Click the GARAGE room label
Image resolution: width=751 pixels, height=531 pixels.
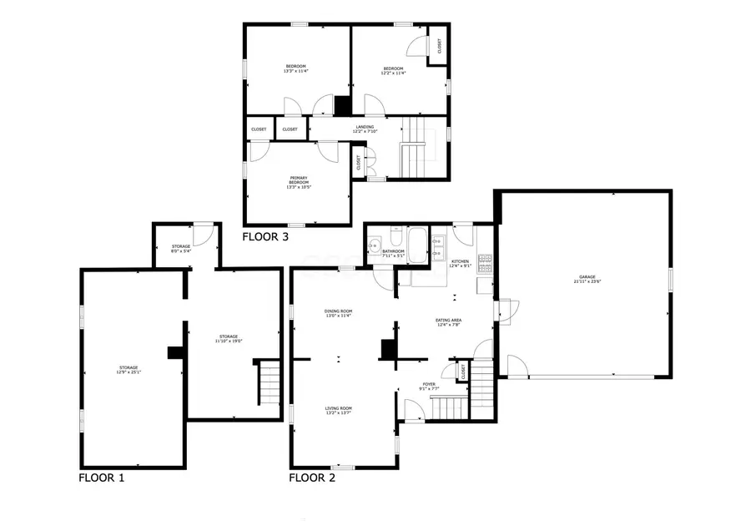point(588,276)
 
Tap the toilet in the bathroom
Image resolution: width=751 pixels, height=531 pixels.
point(396,239)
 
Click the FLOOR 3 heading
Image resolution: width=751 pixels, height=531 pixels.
point(265,237)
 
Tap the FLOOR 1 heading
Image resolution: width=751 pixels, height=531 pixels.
point(102,478)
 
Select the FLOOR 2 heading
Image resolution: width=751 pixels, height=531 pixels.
point(312,478)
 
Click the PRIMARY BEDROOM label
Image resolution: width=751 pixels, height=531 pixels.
point(298,180)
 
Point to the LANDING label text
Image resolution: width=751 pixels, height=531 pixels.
point(365,127)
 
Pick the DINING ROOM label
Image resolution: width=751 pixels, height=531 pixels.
point(339,311)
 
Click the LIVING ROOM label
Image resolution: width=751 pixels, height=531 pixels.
point(338,408)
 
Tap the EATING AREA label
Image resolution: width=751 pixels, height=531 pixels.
point(449,321)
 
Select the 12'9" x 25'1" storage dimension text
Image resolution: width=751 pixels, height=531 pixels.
point(128,372)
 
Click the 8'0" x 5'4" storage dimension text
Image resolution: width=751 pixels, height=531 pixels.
point(181,250)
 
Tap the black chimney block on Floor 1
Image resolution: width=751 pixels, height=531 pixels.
point(175,353)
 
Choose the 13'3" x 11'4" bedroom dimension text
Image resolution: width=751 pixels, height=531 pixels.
point(296,72)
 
